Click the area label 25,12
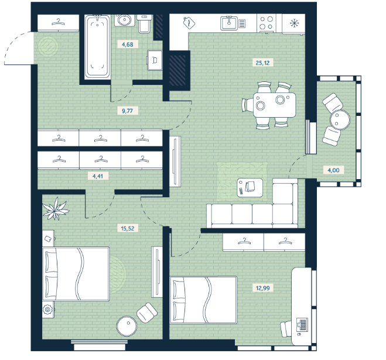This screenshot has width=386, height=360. tap(262, 63)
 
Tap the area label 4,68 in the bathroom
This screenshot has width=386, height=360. tap(128, 44)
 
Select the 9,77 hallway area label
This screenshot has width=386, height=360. tap(127, 111)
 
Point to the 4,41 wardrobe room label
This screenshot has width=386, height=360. tap(97, 176)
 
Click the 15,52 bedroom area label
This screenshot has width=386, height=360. tap(128, 228)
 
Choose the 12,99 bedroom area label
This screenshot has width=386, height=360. tap(262, 288)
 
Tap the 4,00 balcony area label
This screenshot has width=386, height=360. tap(333, 170)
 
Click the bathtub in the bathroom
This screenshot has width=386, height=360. tap(97, 46)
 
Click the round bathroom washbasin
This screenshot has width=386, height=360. tap(124, 20)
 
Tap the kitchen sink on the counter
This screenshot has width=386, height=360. tap(229, 23)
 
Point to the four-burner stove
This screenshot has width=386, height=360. tap(267, 23)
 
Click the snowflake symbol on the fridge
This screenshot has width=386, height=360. tap(293, 23)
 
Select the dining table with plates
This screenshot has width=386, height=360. tap(274, 105)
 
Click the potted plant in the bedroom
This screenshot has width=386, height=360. tap(55, 208)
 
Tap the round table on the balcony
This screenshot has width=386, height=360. tap(340, 119)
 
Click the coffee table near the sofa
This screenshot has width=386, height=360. tap(250, 188)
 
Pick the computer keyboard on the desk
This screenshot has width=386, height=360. tap(302, 324)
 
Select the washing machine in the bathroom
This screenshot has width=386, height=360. tap(155, 60)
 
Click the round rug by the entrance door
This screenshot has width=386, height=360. tap(48, 47)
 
